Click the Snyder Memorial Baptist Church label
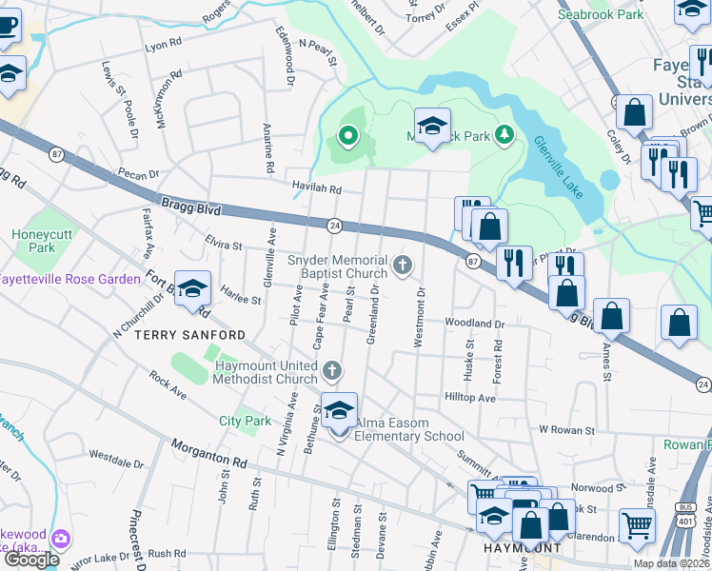pos(338,267)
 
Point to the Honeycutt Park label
pos(35,242)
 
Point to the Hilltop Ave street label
pos(470,397)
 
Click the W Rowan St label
pos(566,430)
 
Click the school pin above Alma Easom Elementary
pos(339,411)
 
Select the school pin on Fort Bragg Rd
pos(192,289)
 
